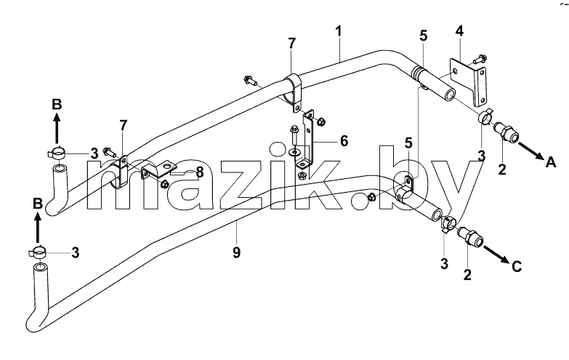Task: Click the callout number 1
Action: (338, 31)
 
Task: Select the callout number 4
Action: (459, 31)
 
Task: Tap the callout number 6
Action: (344, 141)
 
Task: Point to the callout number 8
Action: (200, 172)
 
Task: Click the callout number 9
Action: (236, 252)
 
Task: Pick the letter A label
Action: (551, 162)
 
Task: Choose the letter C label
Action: (517, 267)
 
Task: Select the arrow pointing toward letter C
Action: (496, 255)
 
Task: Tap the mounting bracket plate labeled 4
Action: (468, 81)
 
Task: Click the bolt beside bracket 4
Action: (480, 58)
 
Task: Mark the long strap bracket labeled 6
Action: (307, 140)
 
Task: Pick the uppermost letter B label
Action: (57, 104)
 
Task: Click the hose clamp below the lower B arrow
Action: (36, 252)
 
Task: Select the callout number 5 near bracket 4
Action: (424, 36)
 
